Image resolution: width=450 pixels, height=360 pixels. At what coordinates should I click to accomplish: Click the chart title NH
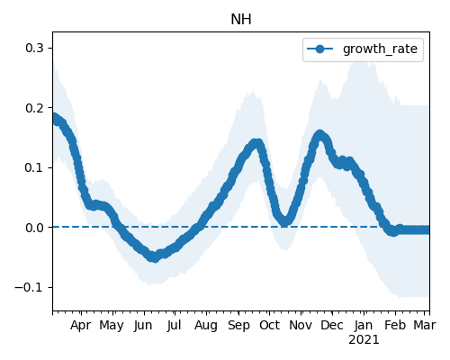[241, 20]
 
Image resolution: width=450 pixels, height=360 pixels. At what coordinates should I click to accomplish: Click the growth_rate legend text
[380, 49]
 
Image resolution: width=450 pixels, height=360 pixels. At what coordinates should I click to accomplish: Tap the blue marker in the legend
[320, 49]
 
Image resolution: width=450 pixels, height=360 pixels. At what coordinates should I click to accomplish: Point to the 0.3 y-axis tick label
[35, 48]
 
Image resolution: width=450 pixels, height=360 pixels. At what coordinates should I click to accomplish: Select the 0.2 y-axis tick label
[35, 108]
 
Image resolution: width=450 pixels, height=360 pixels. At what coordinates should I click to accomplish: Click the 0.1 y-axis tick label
[35, 167]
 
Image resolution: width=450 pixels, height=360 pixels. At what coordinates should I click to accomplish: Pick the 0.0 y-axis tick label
[35, 228]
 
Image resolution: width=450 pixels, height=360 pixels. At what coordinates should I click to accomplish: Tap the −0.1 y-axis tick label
[30, 287]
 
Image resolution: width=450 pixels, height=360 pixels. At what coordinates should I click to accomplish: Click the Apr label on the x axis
[81, 326]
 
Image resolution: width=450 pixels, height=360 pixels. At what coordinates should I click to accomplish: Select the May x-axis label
[112, 326]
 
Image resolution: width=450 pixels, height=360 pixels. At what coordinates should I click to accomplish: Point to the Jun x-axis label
[143, 326]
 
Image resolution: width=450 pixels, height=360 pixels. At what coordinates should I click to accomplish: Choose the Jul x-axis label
[174, 326]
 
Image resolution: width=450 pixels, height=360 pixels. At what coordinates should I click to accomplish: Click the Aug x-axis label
[206, 326]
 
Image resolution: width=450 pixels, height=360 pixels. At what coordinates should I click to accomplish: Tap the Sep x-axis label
[238, 326]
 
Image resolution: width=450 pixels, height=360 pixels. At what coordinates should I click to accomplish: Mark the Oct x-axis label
[269, 326]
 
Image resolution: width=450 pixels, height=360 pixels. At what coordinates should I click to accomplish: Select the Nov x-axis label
[301, 326]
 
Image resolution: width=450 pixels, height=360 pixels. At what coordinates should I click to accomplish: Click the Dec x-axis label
[332, 326]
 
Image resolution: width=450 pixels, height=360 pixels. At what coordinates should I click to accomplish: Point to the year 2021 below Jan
[364, 340]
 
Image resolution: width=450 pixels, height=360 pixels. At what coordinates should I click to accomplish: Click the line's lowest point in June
[154, 257]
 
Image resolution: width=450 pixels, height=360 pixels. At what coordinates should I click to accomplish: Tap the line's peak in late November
[319, 135]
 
